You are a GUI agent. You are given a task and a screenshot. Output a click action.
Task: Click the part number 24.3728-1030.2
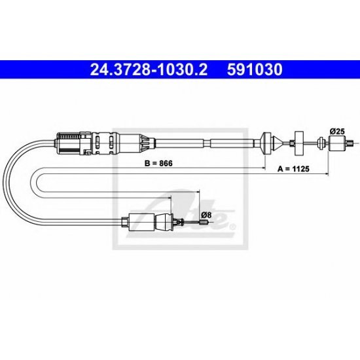pos(149,69)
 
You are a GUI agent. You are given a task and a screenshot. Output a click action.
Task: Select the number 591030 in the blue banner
pos(255,69)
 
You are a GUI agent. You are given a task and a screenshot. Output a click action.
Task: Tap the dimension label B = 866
pos(158,164)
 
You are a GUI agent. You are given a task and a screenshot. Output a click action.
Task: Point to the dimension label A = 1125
pos(293,169)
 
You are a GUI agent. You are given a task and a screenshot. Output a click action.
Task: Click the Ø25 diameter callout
pos(337,132)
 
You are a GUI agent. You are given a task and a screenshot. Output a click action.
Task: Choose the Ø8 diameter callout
pos(206,215)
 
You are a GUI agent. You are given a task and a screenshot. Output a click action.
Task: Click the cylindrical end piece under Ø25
pos(337,143)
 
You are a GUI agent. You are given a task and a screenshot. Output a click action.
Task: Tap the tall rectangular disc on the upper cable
pos(299,143)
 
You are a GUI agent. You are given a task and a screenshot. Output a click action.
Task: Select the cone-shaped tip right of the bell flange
pos(278,143)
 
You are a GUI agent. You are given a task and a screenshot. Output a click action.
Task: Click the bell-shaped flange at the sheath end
pos(266,143)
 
